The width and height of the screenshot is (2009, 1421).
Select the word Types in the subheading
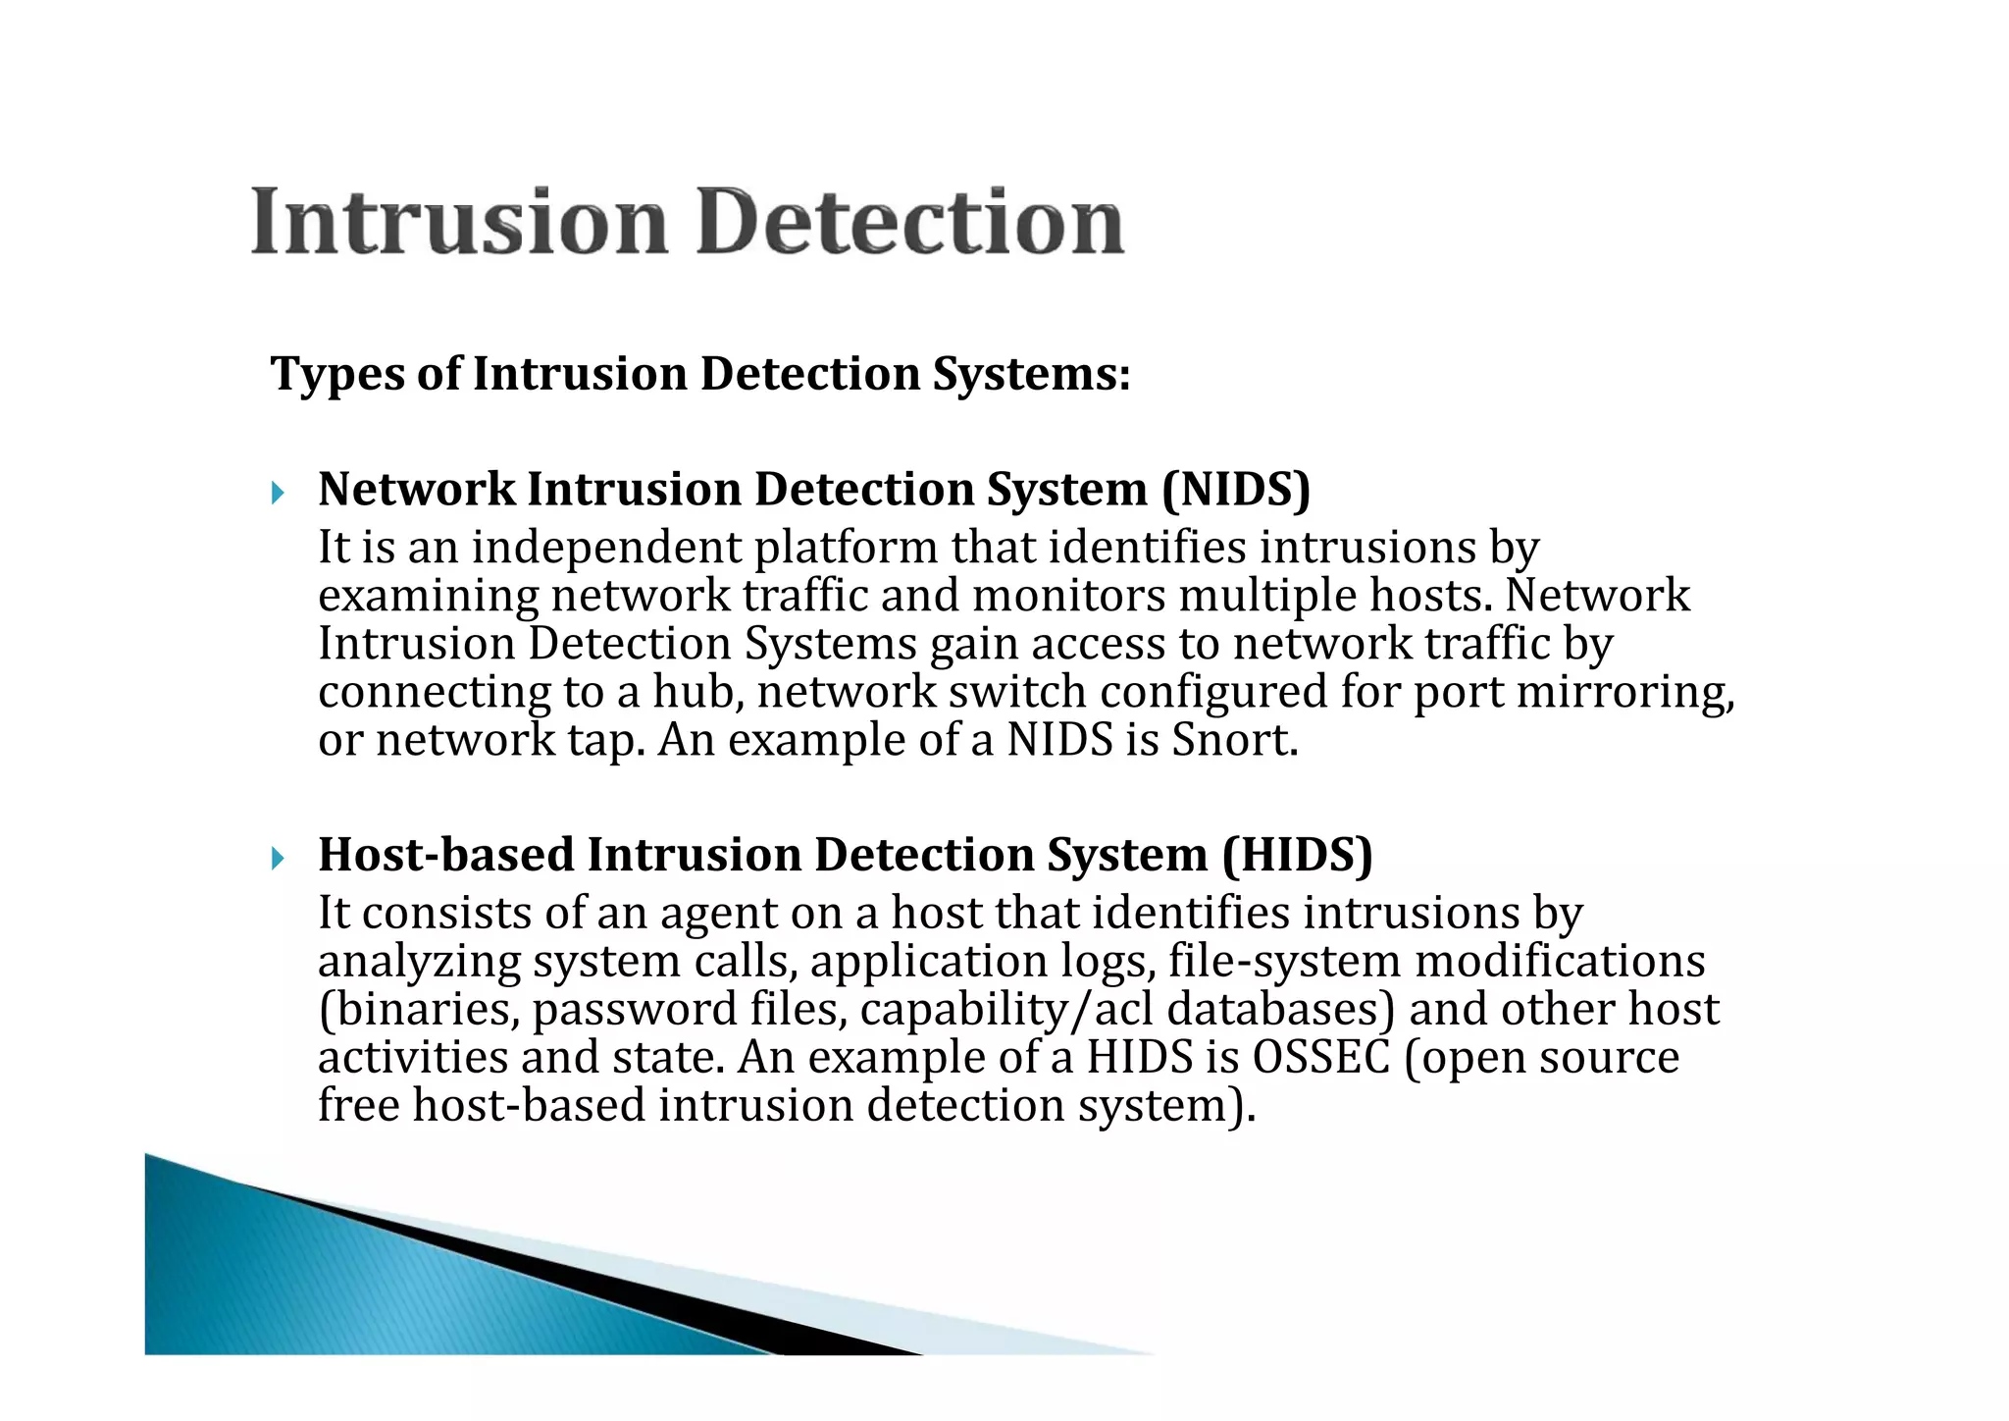(336, 375)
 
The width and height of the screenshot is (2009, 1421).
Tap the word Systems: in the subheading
(1031, 375)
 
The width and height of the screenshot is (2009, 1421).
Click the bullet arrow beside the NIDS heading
(278, 493)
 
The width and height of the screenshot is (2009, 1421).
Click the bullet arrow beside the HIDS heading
(278, 859)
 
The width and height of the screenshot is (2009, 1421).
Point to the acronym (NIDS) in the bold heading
(1235, 490)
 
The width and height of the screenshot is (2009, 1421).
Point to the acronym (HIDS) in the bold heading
(1297, 856)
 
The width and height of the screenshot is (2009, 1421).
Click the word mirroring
(1624, 692)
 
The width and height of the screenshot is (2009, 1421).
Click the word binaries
(422, 1010)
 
